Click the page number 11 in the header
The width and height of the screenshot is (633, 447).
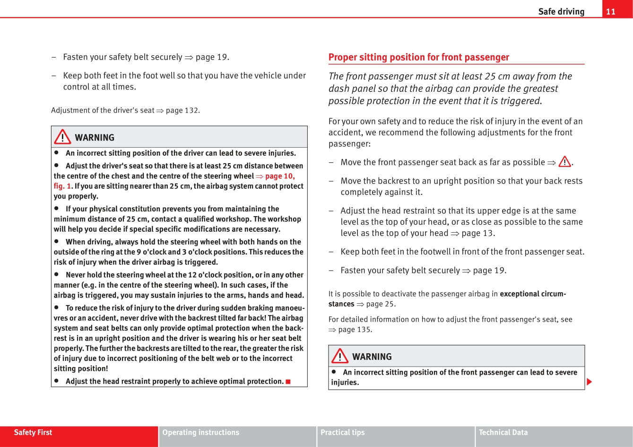[611, 12]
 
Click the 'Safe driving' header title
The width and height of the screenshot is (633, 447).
[561, 12]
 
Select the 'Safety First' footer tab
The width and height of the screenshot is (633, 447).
[33, 432]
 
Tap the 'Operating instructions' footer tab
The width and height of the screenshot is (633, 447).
[201, 432]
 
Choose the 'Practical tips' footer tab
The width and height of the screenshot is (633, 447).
[343, 432]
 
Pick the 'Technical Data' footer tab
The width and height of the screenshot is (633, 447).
[503, 432]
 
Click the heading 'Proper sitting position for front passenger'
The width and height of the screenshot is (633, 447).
[419, 57]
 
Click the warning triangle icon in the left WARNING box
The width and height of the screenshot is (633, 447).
[62, 137]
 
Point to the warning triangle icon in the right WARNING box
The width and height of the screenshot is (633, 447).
[340, 356]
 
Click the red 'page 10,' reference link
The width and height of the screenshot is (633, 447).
[280, 176]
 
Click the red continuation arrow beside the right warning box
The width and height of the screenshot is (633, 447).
[589, 382]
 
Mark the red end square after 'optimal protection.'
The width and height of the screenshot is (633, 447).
[288, 382]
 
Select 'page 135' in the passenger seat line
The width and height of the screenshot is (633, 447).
[355, 330]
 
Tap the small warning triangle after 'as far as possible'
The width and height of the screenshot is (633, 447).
[564, 162]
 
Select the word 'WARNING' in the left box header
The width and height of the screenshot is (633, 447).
[95, 138]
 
